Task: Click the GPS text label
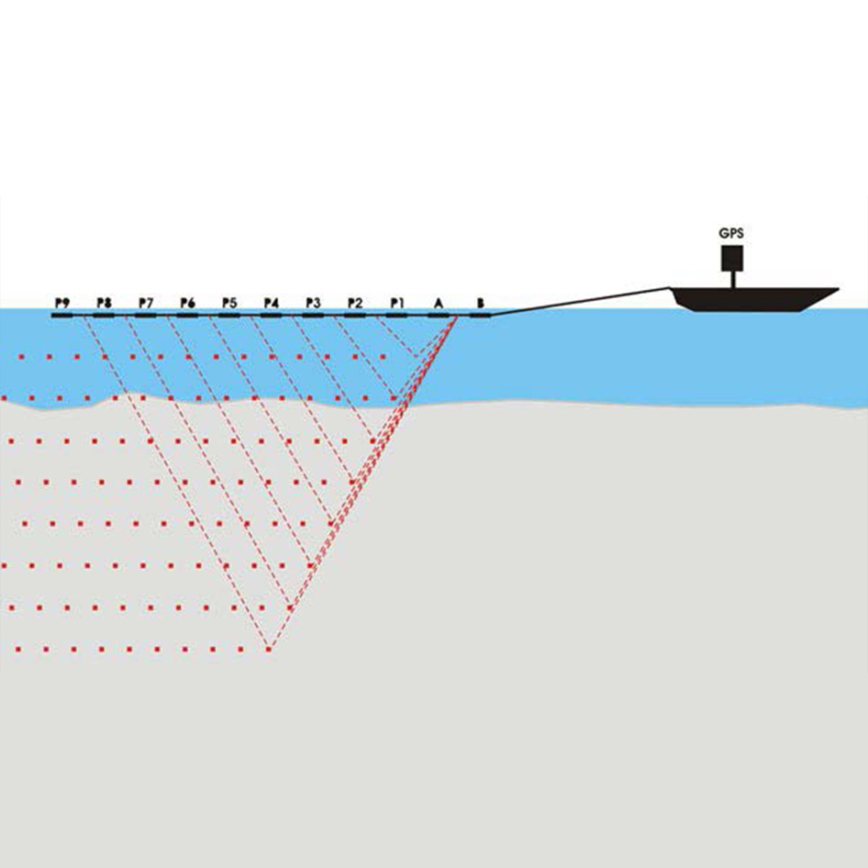pyautogui.click(x=731, y=234)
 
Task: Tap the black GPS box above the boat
pyautogui.click(x=732, y=258)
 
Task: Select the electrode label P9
pyautogui.click(x=62, y=303)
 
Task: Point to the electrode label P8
pyautogui.click(x=104, y=303)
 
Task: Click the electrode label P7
pyautogui.click(x=146, y=303)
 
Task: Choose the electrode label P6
pyautogui.click(x=188, y=303)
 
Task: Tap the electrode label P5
pyautogui.click(x=229, y=303)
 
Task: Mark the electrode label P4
pyautogui.click(x=272, y=303)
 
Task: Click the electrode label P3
pyautogui.click(x=313, y=303)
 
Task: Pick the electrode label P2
pyautogui.click(x=355, y=303)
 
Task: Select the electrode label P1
pyautogui.click(x=397, y=303)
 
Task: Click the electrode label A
pyautogui.click(x=439, y=303)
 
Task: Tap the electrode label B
pyautogui.click(x=481, y=303)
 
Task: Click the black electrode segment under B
pyautogui.click(x=480, y=316)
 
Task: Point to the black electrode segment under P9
pyautogui.click(x=62, y=316)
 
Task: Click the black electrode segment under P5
pyautogui.click(x=229, y=316)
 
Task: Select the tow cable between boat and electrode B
pyautogui.click(x=581, y=302)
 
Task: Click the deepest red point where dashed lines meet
pyautogui.click(x=269, y=649)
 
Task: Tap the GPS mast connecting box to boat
pyautogui.click(x=732, y=280)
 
